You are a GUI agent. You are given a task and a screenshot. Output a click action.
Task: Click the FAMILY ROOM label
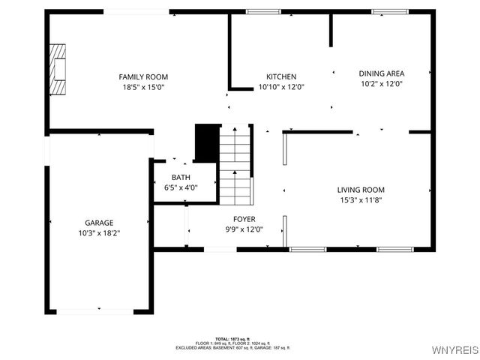click(143, 76)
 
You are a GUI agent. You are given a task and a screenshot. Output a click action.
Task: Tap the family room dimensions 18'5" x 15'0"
click(143, 87)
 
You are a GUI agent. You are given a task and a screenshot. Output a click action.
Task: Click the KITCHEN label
click(281, 76)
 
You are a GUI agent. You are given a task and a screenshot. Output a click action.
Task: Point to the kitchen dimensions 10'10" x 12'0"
click(281, 87)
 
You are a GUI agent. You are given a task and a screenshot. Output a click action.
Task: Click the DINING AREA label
click(382, 73)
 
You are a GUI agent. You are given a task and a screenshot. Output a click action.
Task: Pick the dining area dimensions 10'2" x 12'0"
click(382, 84)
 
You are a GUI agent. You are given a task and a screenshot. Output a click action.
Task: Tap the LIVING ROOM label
click(361, 190)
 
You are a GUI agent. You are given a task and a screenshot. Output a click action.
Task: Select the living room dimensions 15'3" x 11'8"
click(361, 200)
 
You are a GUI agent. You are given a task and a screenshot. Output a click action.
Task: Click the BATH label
click(180, 178)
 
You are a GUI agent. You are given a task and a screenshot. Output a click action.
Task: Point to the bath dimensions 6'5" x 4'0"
click(180, 187)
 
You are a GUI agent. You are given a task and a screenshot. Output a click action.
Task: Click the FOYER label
click(244, 219)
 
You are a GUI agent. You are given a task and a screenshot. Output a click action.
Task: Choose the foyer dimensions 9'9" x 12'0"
click(244, 229)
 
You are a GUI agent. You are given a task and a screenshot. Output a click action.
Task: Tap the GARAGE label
click(98, 223)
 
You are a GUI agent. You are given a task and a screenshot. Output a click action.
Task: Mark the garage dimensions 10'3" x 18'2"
click(98, 233)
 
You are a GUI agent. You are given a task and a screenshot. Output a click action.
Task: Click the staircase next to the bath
click(235, 165)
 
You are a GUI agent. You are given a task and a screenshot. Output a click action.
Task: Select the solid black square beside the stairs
click(207, 142)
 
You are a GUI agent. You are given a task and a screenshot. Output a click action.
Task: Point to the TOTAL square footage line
click(232, 339)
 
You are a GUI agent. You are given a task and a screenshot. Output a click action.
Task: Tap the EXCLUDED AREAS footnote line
click(232, 348)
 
